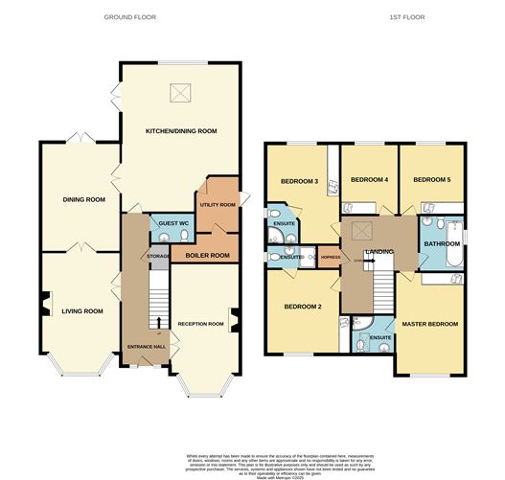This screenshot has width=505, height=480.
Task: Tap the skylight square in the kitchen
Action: point(179,93)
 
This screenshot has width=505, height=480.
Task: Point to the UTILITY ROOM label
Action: point(218,204)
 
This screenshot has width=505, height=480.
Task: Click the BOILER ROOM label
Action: point(208,255)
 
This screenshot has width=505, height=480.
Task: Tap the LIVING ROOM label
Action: point(81,310)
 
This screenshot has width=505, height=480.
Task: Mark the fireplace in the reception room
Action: point(234,316)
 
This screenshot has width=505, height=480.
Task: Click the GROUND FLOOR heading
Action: point(129,17)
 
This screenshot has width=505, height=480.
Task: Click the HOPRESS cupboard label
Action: point(331,257)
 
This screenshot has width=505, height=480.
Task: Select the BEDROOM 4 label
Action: point(369,179)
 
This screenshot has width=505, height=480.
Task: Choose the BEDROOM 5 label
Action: point(431,179)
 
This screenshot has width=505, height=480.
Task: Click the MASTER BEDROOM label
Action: point(429,324)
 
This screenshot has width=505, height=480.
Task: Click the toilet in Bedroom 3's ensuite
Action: point(275,213)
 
